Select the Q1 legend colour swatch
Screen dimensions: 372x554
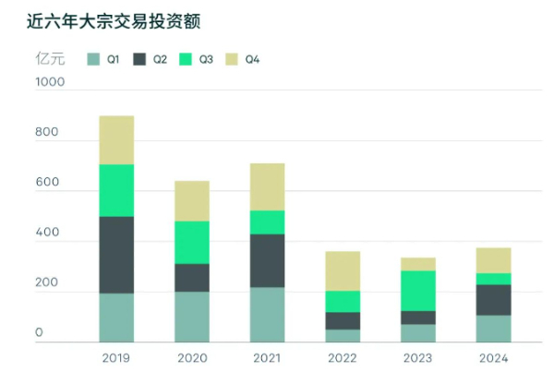tap(93, 60)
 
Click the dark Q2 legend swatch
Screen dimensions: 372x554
tap(140, 60)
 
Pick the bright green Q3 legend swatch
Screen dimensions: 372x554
tap(186, 60)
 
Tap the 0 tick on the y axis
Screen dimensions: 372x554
tap(39, 332)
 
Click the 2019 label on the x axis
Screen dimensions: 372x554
tap(117, 358)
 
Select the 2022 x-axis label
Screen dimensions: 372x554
tap(343, 358)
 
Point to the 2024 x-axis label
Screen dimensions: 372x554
tap(493, 358)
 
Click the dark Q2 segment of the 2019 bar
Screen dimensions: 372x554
tap(117, 255)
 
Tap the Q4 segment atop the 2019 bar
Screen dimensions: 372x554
tap(117, 140)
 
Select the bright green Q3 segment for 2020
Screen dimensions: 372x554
tap(192, 242)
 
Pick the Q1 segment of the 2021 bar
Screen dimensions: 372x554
tap(268, 315)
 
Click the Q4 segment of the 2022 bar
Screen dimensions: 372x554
tap(343, 270)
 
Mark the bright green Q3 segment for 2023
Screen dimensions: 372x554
tap(417, 291)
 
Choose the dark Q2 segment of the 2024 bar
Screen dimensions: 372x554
tap(493, 300)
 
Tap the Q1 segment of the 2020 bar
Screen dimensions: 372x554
tap(192, 318)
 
